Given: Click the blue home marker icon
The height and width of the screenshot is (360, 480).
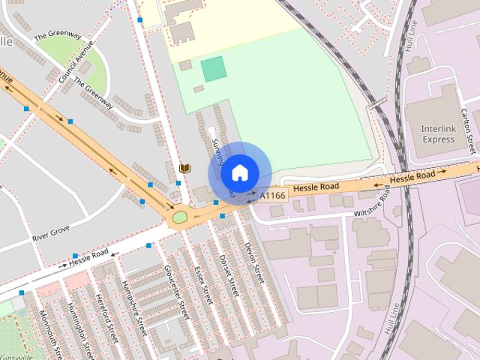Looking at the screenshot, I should [239, 173].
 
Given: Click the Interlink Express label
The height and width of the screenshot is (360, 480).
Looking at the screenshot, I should [438, 133].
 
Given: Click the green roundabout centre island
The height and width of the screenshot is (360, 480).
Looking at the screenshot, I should [179, 218].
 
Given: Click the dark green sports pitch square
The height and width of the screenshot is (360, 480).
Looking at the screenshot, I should [214, 69].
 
